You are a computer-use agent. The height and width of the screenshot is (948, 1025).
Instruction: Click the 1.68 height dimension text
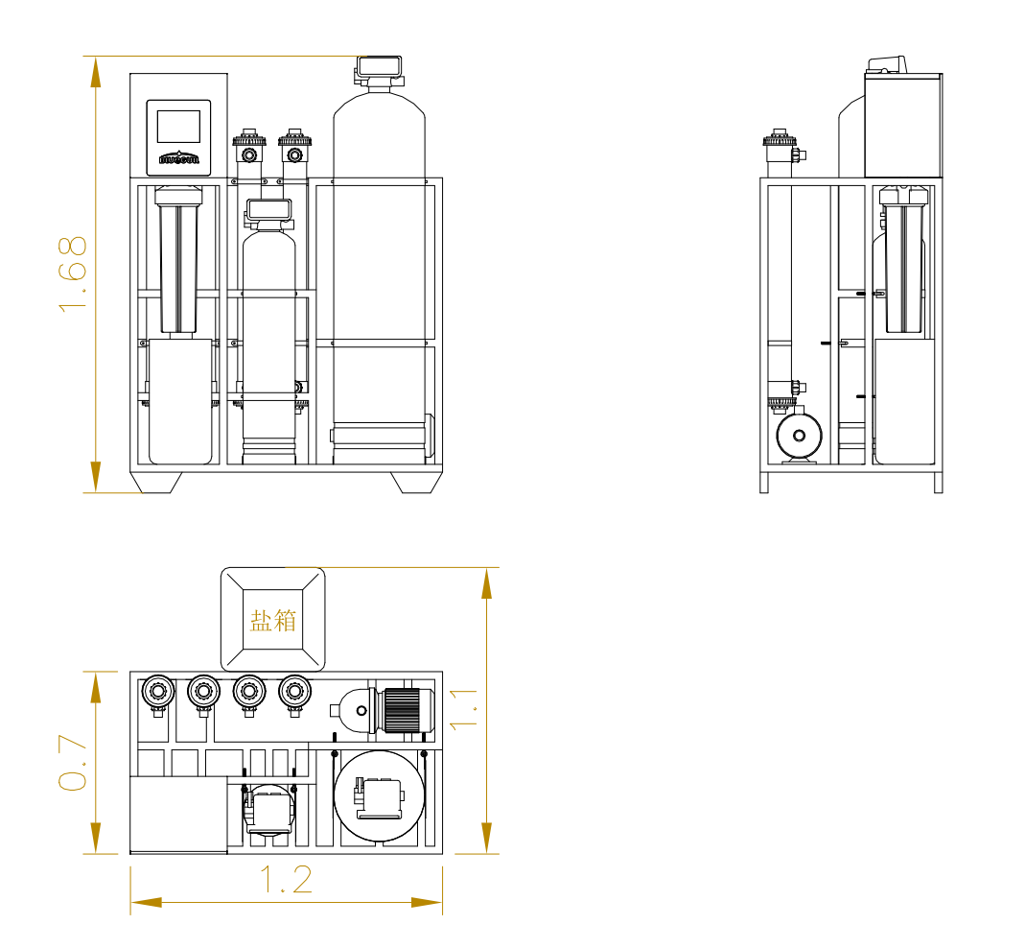point(74,273)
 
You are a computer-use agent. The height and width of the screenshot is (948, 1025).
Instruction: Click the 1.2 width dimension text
point(287,880)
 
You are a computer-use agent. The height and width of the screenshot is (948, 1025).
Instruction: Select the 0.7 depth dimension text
point(74,763)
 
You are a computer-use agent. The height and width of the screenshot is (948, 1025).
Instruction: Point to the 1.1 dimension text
point(467,708)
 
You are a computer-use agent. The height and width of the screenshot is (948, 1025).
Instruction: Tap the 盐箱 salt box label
point(273,620)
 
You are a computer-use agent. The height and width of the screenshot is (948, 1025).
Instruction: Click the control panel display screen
point(178,126)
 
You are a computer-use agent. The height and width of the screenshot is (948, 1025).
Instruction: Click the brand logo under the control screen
point(178,158)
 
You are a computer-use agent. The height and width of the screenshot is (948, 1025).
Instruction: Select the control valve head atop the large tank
point(380,68)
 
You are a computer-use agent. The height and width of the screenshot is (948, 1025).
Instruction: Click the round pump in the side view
point(799,437)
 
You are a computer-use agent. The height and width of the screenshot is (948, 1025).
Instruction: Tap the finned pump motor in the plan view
point(403,711)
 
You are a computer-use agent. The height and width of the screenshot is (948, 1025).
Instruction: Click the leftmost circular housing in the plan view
point(157,691)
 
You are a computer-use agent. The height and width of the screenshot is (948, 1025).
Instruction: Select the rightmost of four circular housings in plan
point(295,691)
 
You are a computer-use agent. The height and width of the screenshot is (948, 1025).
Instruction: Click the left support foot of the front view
point(156,482)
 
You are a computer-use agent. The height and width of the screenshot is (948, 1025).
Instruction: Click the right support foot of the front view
point(416,482)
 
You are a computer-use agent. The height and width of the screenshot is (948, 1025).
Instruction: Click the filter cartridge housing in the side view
point(903,259)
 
